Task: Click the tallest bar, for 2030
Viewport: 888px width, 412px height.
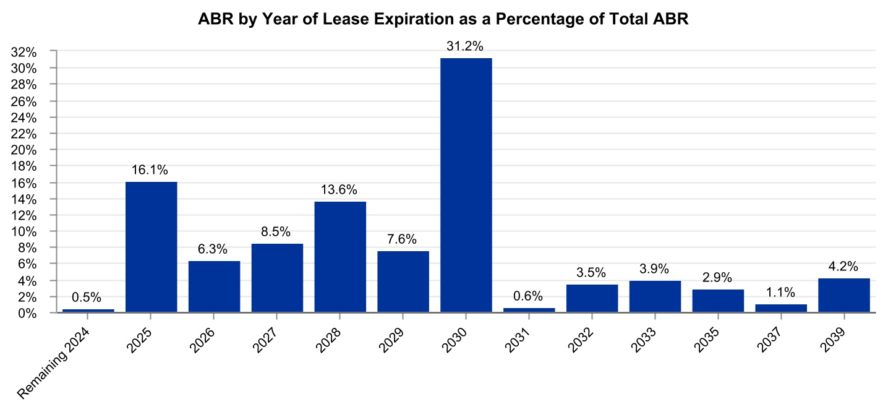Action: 466,186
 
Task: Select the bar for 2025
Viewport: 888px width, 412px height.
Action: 151,247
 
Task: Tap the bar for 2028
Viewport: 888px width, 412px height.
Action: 340,257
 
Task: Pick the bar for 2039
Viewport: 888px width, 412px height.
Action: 843,296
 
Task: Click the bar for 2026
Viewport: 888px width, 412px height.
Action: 214,287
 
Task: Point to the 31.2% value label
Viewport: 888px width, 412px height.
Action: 466,46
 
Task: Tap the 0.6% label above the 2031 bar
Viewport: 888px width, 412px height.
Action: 529,296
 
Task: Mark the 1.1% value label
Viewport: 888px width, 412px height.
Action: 780,292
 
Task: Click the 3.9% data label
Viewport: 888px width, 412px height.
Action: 655,269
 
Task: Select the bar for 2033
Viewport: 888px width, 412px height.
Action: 655,297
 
